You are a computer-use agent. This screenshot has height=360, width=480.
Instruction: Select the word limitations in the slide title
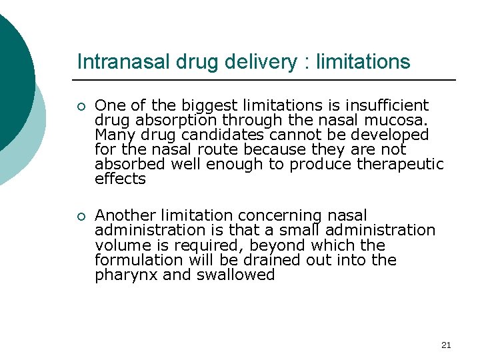[x=363, y=62]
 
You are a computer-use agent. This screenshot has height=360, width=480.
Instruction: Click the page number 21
[x=446, y=345]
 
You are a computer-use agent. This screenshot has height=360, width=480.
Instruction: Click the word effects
[x=120, y=179]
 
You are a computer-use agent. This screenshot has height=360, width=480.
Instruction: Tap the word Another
[x=126, y=215]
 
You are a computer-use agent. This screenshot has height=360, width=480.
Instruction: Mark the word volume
[x=119, y=245]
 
